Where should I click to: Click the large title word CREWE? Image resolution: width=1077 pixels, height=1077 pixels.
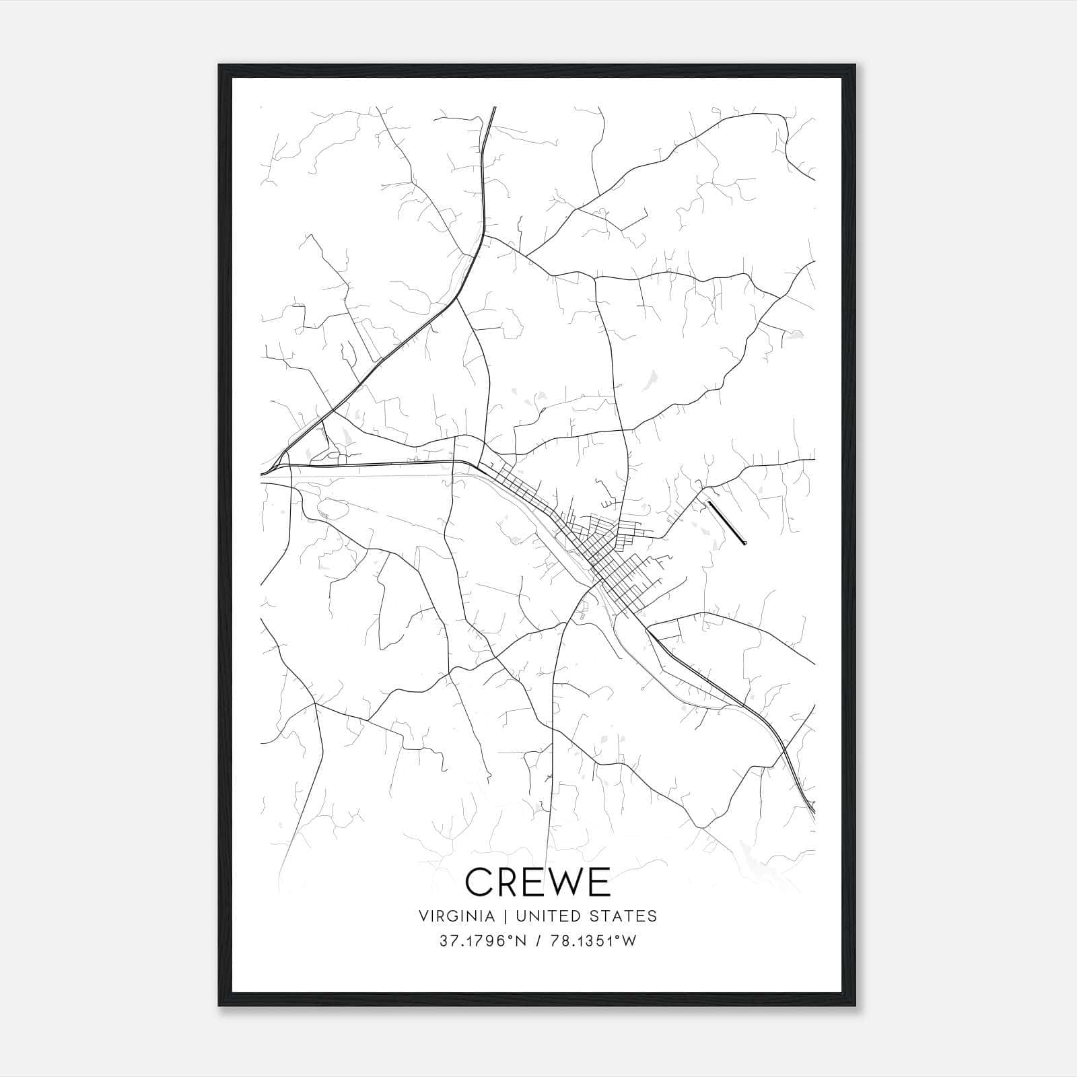[537, 881]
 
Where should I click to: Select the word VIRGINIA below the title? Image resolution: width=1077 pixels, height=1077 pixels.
[456, 916]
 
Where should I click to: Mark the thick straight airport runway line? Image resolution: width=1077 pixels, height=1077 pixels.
[727, 522]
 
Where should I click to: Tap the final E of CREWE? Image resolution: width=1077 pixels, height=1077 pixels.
[598, 881]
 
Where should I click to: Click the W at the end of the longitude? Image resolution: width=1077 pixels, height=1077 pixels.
[629, 941]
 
